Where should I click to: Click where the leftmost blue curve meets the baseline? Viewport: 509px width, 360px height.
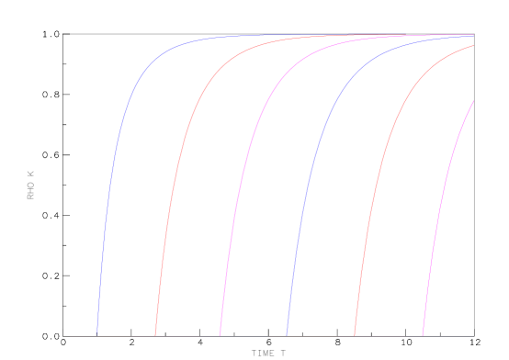click(x=98, y=335)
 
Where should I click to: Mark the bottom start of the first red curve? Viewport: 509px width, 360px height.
click(x=155, y=335)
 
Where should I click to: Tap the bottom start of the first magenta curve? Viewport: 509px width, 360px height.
click(x=221, y=335)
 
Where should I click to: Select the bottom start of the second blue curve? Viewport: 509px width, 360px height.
click(x=288, y=335)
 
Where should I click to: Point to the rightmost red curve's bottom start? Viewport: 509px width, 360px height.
click(x=355, y=335)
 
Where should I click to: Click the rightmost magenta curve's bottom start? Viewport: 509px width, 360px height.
click(x=423, y=335)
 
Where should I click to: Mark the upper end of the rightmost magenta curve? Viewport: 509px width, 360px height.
click(x=473, y=101)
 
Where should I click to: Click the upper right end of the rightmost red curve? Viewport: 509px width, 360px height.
click(x=473, y=46)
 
